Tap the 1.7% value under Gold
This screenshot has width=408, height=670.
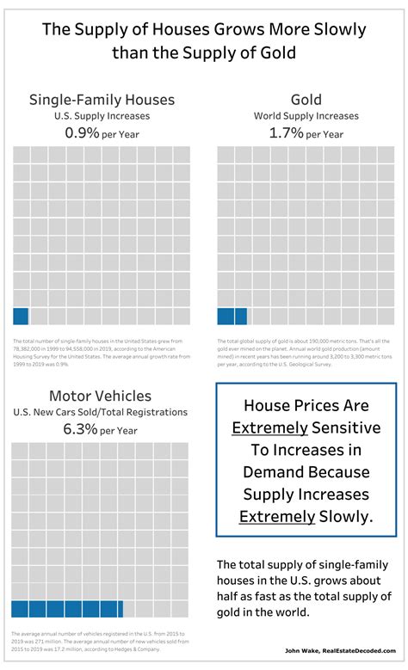pyautogui.click(x=287, y=133)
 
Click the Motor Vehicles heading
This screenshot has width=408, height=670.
pyautogui.click(x=100, y=396)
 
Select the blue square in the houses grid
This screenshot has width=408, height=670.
pyautogui.click(x=21, y=316)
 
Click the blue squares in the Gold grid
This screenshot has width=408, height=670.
pyautogui.click(x=232, y=316)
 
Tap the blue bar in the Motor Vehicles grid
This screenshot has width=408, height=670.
pyautogui.click(x=68, y=609)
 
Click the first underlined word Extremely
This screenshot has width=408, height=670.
pyautogui.click(x=268, y=427)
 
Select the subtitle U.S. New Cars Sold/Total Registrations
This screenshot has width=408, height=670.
pyautogui.click(x=100, y=412)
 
